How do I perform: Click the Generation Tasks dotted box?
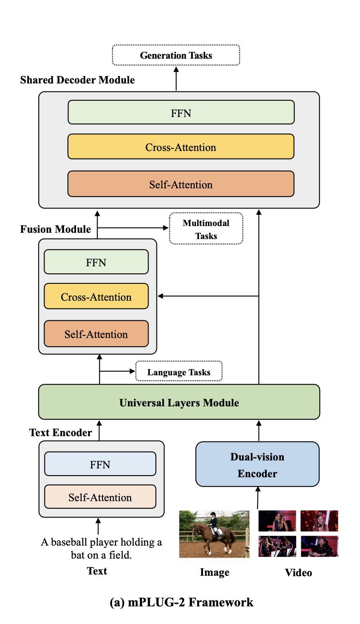[x=176, y=55]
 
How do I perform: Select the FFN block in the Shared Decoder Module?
[x=181, y=113]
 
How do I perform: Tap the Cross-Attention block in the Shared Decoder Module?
[x=181, y=147]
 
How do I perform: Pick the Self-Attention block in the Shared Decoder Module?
[x=181, y=184]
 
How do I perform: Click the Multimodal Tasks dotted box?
[x=206, y=229]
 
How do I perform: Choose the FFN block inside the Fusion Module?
[x=96, y=262]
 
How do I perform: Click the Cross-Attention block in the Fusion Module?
[x=96, y=296]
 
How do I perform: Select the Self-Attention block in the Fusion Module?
[x=96, y=334]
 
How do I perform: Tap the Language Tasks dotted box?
[x=179, y=372]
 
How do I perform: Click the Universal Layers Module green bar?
[x=179, y=402]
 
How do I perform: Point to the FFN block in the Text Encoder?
[x=100, y=464]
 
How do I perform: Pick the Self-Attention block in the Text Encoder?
[x=100, y=497]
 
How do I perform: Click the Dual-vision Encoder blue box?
[x=257, y=465]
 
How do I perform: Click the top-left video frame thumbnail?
[x=277, y=521]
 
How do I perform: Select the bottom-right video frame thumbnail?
[x=319, y=546]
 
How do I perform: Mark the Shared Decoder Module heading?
[x=77, y=80]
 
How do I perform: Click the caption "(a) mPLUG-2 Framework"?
[x=181, y=602]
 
